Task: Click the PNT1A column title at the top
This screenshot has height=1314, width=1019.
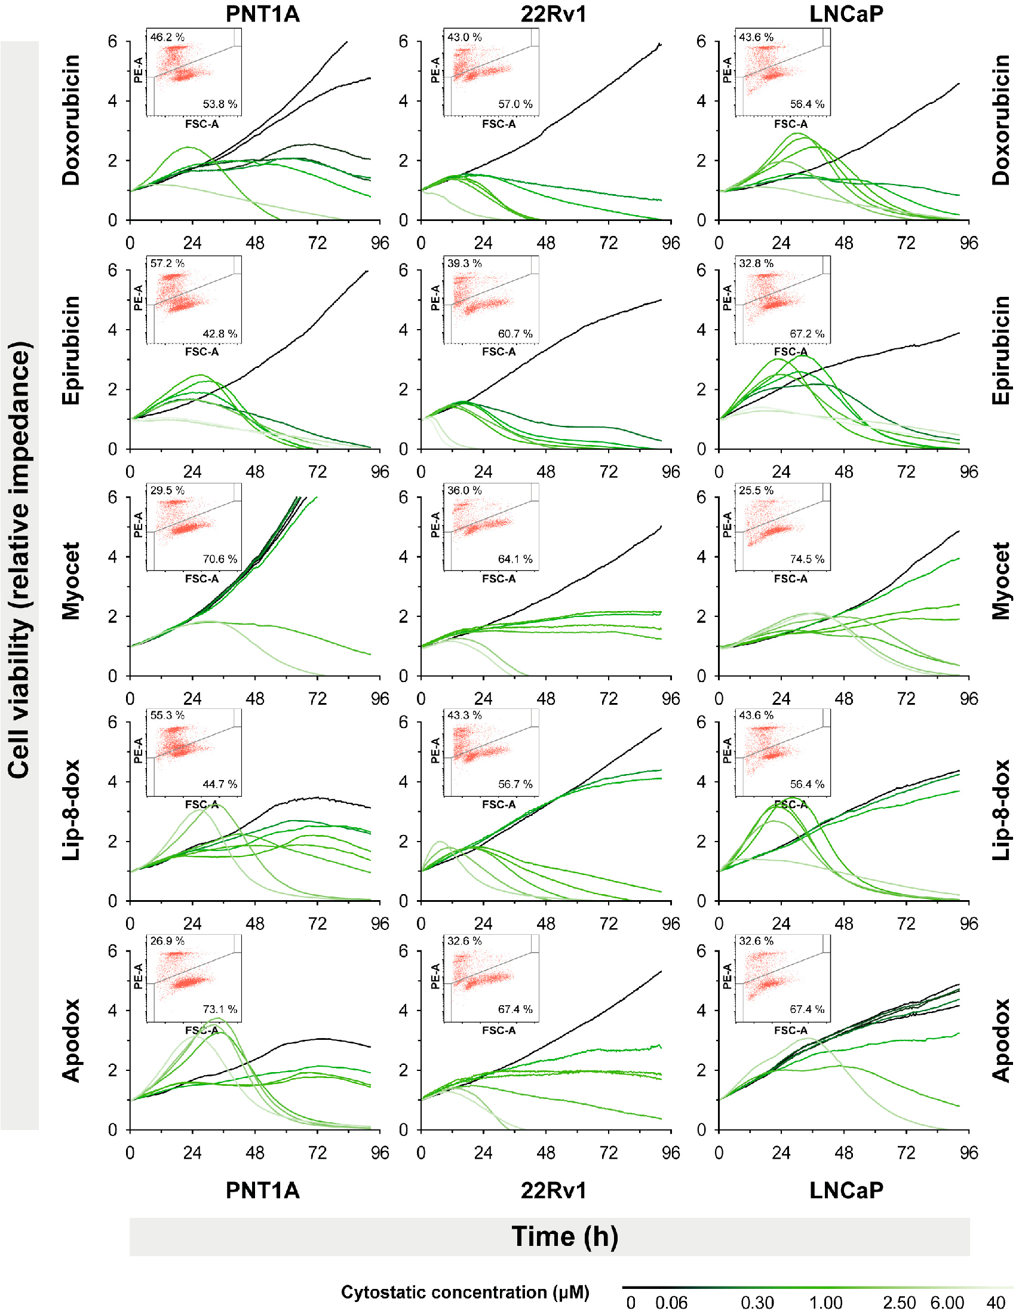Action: click(x=262, y=14)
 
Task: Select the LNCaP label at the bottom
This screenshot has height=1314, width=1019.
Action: click(x=846, y=1190)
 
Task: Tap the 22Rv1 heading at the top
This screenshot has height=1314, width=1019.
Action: click(x=554, y=14)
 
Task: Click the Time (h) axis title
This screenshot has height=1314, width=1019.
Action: click(x=565, y=1236)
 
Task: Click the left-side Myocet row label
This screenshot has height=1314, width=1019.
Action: click(x=70, y=581)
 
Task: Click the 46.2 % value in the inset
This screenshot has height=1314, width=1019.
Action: click(x=167, y=37)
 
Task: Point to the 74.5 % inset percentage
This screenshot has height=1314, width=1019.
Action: click(x=808, y=559)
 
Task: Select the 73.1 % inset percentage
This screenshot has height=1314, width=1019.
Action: click(x=220, y=1009)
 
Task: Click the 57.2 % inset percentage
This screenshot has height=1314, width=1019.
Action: click(x=167, y=263)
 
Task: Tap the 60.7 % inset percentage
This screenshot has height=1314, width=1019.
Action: click(x=515, y=333)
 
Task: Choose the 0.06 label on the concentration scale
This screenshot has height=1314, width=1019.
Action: click(x=671, y=1303)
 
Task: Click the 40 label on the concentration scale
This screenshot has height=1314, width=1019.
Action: click(x=996, y=1303)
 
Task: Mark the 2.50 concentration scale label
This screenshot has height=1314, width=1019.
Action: click(x=900, y=1303)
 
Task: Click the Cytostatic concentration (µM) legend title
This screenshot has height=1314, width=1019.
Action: click(x=465, y=1292)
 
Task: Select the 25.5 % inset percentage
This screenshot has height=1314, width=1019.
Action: click(x=756, y=490)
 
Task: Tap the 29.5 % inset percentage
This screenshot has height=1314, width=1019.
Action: click(x=167, y=490)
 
